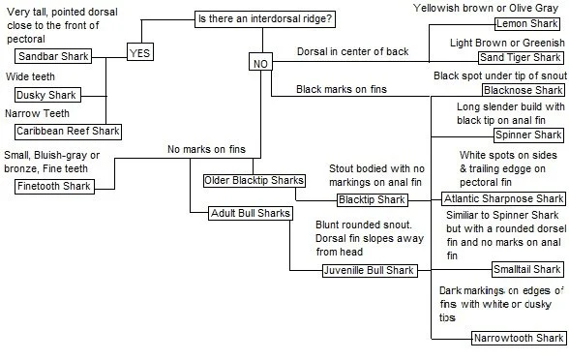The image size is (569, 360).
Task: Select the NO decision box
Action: coord(259,63)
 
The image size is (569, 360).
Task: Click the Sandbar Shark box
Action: coord(54,57)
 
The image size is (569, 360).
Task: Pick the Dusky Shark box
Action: coord(48,95)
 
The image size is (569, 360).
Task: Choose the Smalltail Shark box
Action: coord(526,269)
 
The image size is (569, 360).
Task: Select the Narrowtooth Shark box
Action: coord(518,339)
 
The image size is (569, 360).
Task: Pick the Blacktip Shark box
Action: coord(371,199)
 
